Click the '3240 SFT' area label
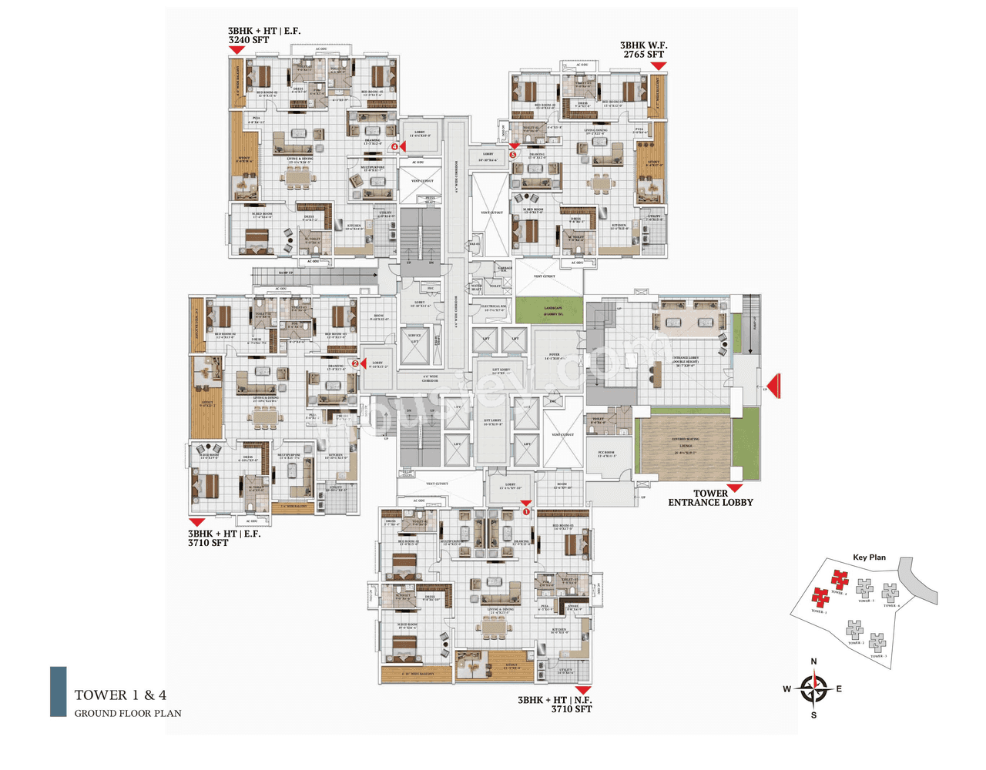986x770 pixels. click(x=249, y=40)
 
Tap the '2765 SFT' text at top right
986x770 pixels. click(x=643, y=55)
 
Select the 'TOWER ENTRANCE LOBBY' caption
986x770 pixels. click(x=710, y=498)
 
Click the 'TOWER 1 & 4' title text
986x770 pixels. click(x=120, y=695)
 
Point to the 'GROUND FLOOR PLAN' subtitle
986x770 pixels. click(x=128, y=713)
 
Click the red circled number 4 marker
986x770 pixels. click(x=394, y=146)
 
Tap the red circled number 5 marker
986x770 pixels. click(x=513, y=155)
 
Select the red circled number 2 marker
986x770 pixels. click(x=355, y=363)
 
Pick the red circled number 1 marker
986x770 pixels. click(x=527, y=511)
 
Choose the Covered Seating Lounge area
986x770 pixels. click(x=684, y=445)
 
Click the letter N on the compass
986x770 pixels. click(x=813, y=661)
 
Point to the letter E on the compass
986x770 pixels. click(x=839, y=689)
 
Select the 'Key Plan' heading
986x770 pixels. click(x=869, y=557)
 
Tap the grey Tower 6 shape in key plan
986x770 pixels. click(x=891, y=591)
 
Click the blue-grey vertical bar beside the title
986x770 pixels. click(x=59, y=691)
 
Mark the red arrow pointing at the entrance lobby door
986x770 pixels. click(x=774, y=386)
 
